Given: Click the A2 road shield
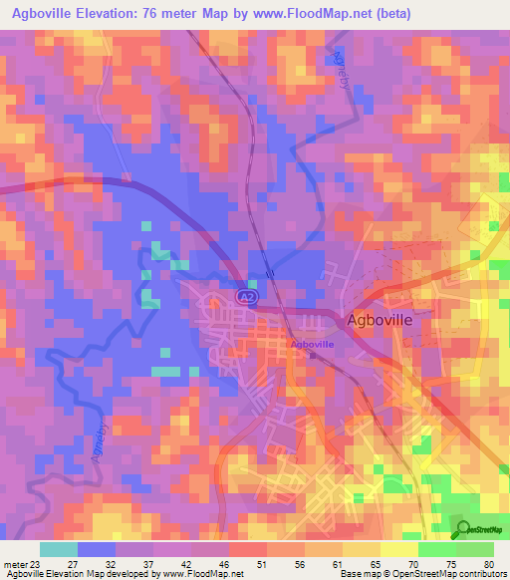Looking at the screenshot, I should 243,297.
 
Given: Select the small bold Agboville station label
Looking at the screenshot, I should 312,344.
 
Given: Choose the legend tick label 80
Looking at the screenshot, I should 489,563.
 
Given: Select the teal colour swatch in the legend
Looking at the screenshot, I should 58,549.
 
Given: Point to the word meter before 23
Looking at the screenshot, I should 15,563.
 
